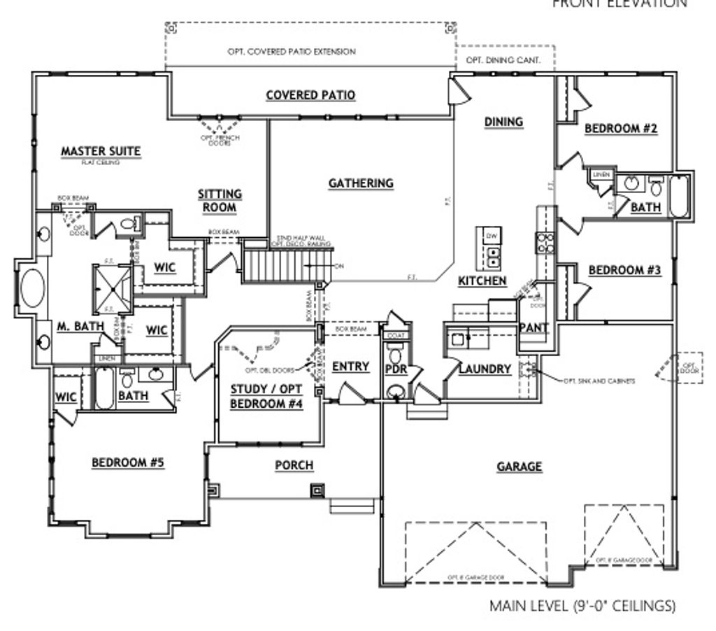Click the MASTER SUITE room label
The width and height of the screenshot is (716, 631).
[x=101, y=150]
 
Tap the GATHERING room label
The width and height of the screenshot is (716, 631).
[x=361, y=183]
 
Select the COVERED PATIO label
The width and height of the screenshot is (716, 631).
[x=310, y=95]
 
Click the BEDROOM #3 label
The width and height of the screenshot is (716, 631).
[x=624, y=270]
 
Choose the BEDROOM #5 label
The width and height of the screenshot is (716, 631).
[x=128, y=462]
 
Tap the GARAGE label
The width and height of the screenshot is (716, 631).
[x=520, y=467]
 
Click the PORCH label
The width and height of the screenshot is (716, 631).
[x=294, y=466]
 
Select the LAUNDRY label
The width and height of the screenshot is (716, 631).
[x=485, y=369]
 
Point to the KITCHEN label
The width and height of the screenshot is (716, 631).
[x=482, y=281]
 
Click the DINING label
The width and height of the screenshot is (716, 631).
[x=503, y=122]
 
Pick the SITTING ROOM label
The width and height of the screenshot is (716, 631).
[x=220, y=200]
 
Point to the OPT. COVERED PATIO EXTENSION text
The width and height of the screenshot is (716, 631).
[x=292, y=52]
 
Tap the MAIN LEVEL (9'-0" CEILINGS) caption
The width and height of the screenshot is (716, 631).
[x=582, y=605]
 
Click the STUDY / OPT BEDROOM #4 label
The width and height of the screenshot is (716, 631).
[x=266, y=397]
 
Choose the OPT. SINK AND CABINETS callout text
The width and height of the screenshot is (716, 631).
[x=600, y=381]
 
